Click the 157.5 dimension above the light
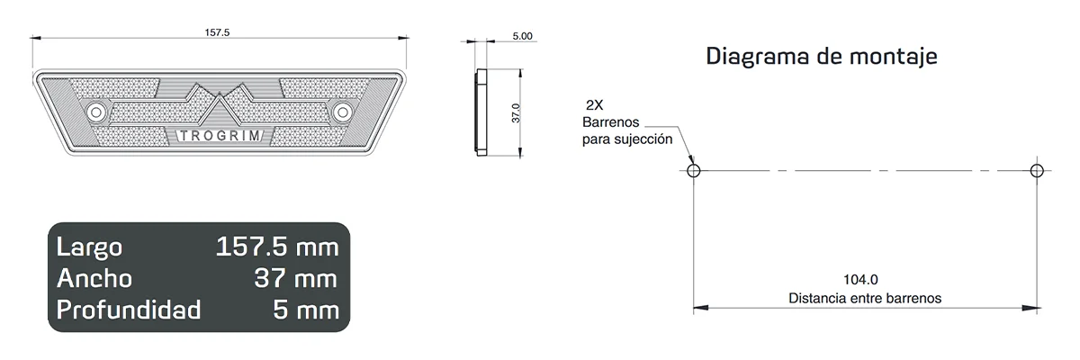(218, 31)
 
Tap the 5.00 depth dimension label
(522, 36)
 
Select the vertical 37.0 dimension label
(516, 113)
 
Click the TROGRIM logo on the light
(220, 136)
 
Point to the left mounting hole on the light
(96, 112)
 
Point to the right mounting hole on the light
(341, 112)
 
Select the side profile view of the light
(481, 112)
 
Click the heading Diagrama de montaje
(822, 57)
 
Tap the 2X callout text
(595, 105)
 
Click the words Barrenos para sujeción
(626, 130)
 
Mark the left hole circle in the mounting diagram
(692, 170)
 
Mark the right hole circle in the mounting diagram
(1036, 170)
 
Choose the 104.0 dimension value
(860, 279)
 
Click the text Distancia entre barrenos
(864, 297)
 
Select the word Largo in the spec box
(89, 247)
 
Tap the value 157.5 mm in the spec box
(277, 247)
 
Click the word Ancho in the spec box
(94, 278)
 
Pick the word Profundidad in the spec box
(128, 310)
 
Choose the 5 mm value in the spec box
(306, 310)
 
